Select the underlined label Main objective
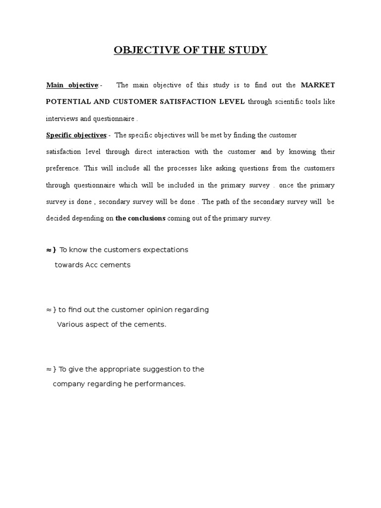click(x=72, y=85)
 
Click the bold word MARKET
click(x=318, y=85)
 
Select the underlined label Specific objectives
click(x=76, y=135)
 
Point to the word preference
click(x=63, y=168)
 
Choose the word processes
click(x=182, y=168)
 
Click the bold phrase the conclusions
click(x=140, y=218)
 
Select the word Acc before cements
click(x=91, y=265)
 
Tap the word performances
click(x=164, y=384)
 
